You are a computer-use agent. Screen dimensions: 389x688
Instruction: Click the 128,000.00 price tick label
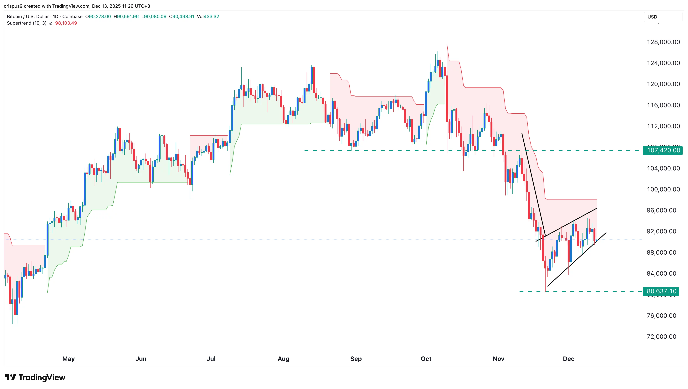point(663,42)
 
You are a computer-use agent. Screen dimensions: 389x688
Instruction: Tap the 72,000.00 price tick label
point(661,337)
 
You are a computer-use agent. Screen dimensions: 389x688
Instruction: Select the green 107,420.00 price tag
point(663,150)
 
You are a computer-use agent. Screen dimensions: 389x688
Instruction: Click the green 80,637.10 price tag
point(661,291)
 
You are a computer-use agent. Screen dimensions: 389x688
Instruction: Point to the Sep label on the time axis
point(356,359)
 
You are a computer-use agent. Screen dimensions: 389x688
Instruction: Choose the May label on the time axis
point(68,359)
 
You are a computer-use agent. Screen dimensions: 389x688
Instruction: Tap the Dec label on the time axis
point(568,359)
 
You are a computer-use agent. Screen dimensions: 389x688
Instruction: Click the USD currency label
point(652,17)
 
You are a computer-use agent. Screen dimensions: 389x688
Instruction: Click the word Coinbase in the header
point(72,17)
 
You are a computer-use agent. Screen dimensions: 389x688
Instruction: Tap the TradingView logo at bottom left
point(35,377)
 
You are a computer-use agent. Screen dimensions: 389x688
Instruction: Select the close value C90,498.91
point(182,17)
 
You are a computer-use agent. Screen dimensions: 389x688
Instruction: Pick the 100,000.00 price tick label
point(663,189)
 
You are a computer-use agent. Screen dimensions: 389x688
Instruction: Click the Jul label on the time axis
point(211,359)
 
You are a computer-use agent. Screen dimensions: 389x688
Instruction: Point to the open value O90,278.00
point(98,17)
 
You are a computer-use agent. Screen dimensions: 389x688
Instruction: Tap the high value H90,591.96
point(126,17)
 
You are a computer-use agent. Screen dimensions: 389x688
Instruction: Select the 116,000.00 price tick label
point(663,105)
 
